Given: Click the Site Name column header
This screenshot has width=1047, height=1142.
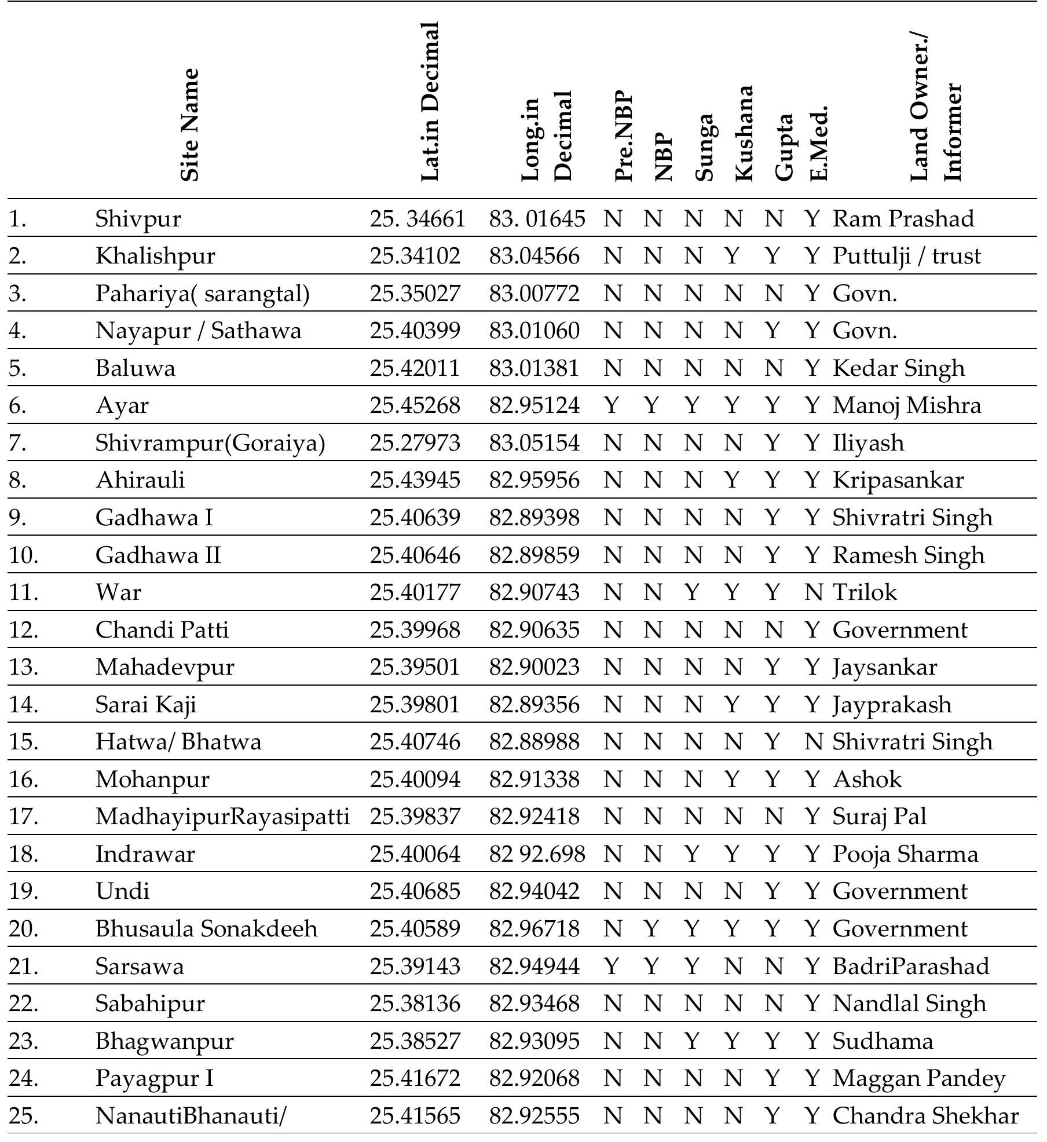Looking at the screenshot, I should [190, 125].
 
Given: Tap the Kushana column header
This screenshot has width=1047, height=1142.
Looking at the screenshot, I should [744, 133].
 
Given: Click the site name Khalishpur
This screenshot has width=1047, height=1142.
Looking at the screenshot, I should [155, 256].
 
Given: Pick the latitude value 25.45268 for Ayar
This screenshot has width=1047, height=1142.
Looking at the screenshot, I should [415, 405].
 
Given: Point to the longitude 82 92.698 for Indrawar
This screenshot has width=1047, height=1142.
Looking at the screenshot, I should [537, 854].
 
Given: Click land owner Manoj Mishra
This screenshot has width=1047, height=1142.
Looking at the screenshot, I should [906, 405].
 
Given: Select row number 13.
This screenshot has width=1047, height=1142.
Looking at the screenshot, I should [23, 667].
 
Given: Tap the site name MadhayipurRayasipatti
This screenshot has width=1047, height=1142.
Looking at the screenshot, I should [222, 817].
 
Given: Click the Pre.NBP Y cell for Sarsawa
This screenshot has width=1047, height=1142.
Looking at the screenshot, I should [612, 967].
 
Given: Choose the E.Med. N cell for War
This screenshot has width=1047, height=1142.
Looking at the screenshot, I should [813, 592].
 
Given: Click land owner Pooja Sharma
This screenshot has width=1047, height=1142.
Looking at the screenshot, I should [905, 854].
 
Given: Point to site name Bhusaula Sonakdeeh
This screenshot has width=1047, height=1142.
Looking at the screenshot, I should [206, 929].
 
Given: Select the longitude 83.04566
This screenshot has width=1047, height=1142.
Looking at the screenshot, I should [534, 256].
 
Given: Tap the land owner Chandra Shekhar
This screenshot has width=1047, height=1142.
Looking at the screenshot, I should [925, 1116].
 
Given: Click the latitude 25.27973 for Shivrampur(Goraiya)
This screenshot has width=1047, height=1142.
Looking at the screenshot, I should [415, 443].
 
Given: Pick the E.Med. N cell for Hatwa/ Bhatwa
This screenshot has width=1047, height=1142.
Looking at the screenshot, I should [813, 742].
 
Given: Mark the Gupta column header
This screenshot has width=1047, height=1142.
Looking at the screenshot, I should [784, 147].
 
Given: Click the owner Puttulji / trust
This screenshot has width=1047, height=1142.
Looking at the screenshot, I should [906, 256].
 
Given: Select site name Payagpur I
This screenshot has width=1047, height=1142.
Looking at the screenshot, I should [154, 1078].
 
